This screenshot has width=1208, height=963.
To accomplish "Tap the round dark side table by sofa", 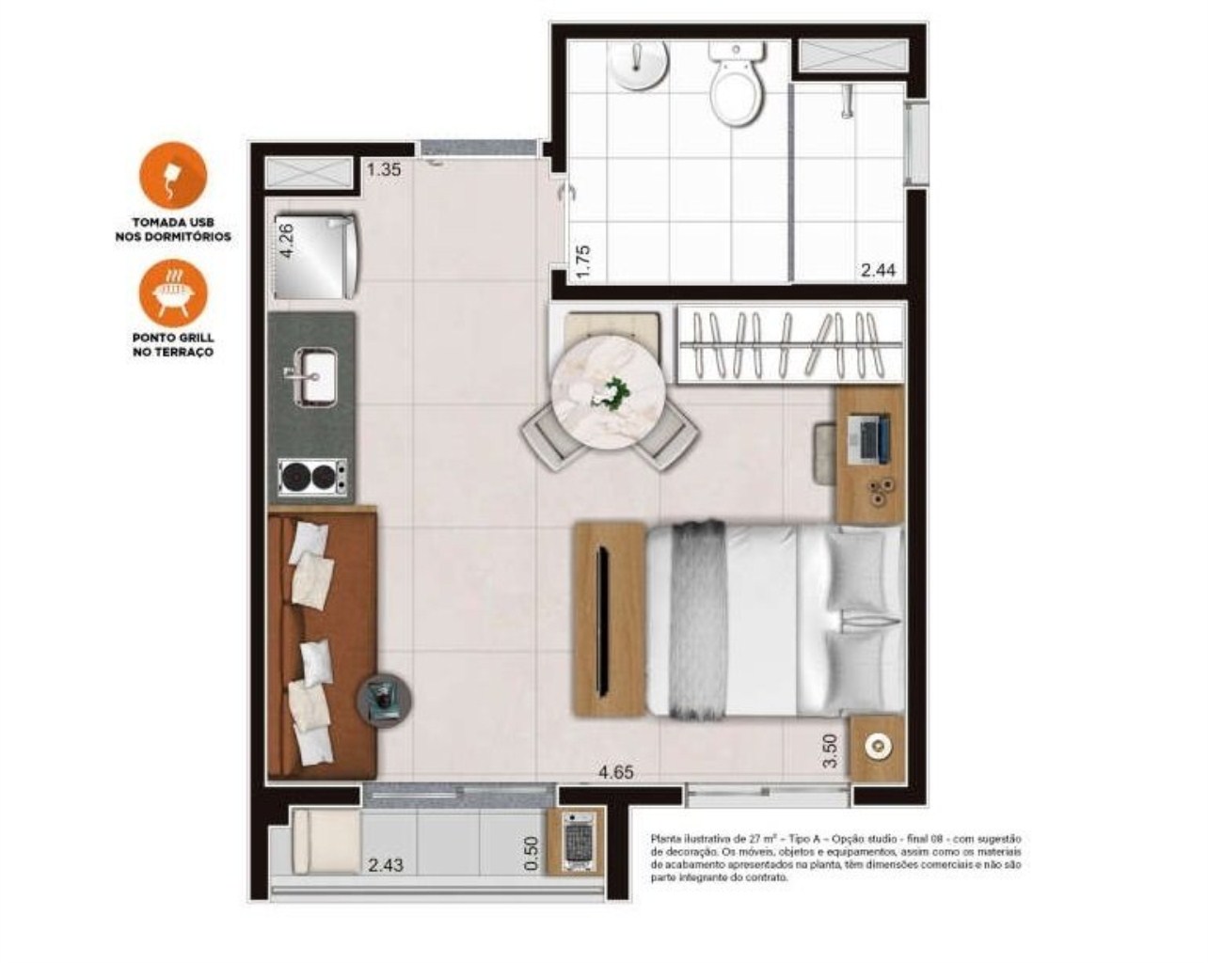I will click(x=384, y=700).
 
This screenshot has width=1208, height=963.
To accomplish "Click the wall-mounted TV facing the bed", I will click(x=601, y=619).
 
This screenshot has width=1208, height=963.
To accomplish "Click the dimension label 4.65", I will click(x=616, y=773).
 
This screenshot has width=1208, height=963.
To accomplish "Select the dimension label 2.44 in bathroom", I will click(x=879, y=271).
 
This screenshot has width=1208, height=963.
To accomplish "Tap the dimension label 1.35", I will click(x=385, y=170).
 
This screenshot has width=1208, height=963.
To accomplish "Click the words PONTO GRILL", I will click(x=172, y=337).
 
